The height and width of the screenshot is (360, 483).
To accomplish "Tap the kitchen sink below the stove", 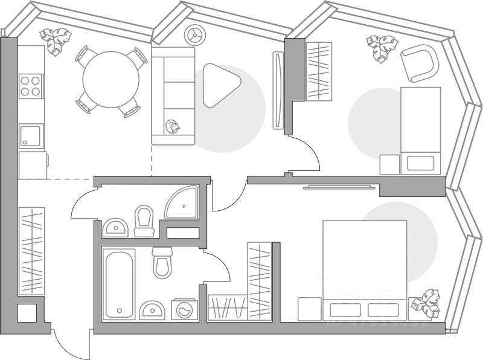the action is (30, 136).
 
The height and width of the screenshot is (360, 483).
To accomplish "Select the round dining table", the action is (111, 79).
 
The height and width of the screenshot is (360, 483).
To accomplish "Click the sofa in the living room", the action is (173, 97).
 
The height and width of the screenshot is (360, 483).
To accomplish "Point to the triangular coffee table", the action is (219, 85).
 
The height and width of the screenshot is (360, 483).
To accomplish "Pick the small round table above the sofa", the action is (195, 36).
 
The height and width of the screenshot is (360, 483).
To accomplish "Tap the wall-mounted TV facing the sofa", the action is (278, 90).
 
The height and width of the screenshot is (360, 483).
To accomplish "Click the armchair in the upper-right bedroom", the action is (420, 62).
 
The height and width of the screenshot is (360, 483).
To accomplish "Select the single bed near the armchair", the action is (421, 130).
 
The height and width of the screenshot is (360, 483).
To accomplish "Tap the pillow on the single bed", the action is (421, 162).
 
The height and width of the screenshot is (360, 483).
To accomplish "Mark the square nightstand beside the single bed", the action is (389, 164).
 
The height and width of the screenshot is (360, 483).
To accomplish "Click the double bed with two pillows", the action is (364, 270).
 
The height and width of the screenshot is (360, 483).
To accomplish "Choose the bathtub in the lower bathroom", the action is (118, 284).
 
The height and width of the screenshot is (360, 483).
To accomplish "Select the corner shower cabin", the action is (183, 203).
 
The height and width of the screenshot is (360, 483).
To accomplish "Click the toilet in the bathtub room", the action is (162, 262).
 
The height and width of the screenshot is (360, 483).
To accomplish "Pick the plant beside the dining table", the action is (56, 41).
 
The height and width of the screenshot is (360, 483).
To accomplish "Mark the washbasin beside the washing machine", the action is (152, 310).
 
